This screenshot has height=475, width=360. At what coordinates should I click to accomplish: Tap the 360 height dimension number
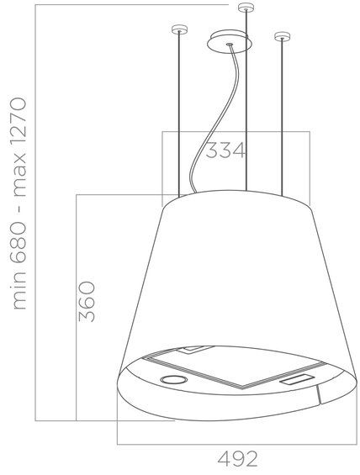[86, 303]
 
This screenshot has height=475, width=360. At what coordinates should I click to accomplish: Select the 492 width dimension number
[237, 458]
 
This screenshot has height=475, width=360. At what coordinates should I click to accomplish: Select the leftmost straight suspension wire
[178, 118]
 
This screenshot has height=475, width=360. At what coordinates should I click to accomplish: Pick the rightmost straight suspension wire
[281, 118]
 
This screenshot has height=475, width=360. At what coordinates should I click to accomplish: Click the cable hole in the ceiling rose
[228, 42]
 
